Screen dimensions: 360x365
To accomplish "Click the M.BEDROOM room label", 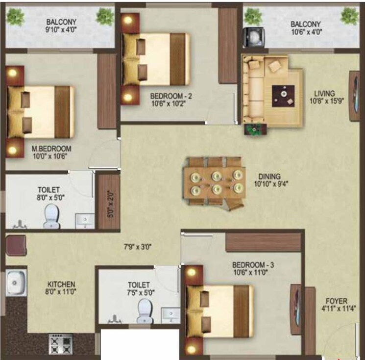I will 51,149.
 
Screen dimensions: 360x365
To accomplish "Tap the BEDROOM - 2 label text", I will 170,97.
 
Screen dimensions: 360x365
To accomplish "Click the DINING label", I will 270,177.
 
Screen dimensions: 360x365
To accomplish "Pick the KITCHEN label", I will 61,284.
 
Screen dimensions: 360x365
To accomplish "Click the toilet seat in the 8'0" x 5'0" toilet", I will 51,216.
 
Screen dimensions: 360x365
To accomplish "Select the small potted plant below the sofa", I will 254,130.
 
